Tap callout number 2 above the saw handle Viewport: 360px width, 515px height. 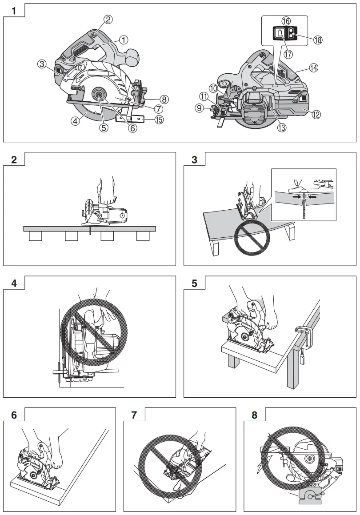[108, 19]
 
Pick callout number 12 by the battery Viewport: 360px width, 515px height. [316, 114]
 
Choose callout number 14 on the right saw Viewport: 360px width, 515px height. [314, 68]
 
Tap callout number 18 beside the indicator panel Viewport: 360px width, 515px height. [318, 40]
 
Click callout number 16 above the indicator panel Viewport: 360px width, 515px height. [285, 20]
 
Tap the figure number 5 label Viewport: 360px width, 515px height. [195, 283]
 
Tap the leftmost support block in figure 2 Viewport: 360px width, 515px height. [35, 236]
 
